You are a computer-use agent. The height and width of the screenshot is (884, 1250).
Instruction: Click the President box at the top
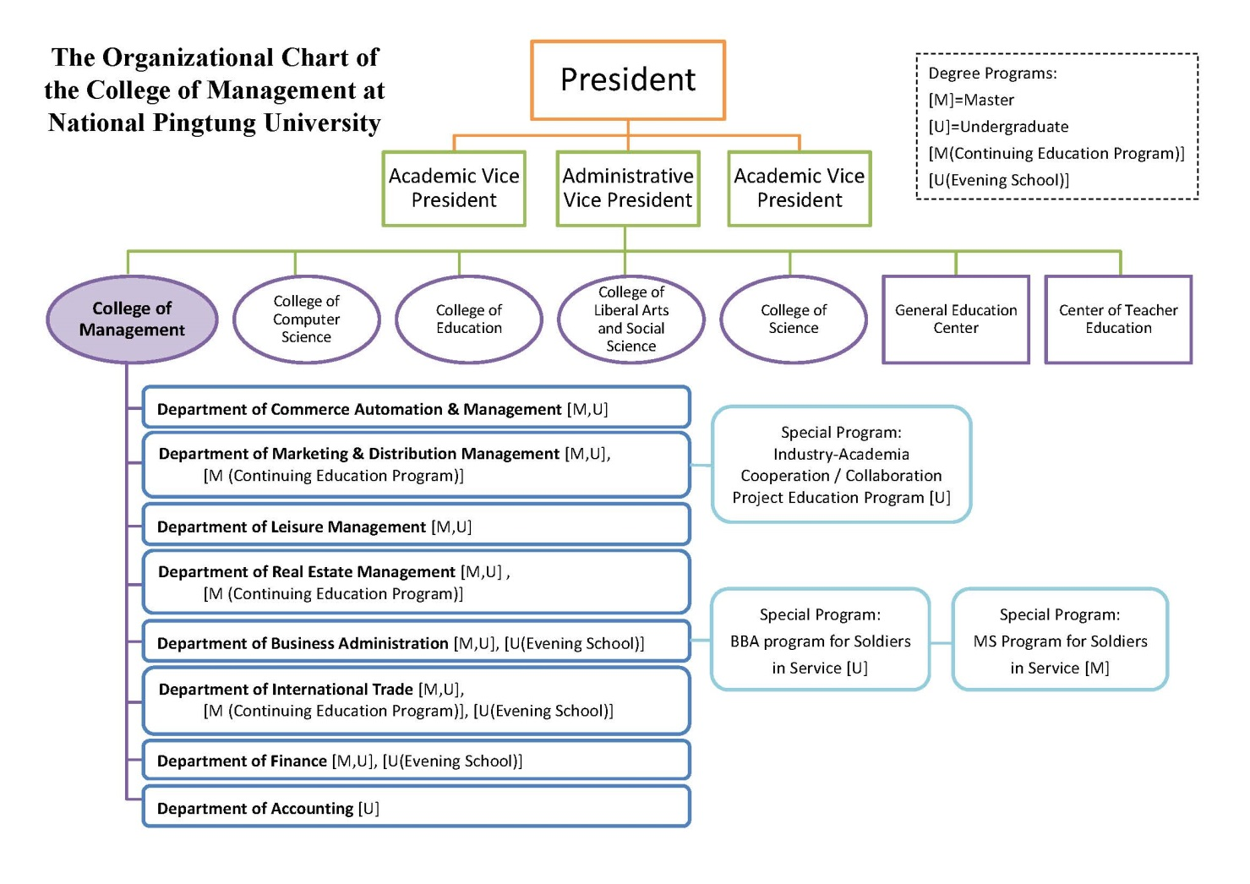click(628, 79)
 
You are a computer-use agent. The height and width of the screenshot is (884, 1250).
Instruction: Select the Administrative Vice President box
click(628, 188)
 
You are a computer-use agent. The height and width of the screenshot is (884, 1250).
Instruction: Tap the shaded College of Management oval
click(132, 319)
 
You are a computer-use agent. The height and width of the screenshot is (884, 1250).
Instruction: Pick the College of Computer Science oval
click(306, 319)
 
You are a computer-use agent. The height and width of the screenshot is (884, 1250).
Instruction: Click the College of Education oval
click(469, 319)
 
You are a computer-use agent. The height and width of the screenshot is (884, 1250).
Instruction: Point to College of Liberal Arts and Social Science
click(631, 319)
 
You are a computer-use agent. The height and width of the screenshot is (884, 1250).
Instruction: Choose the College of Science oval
click(794, 319)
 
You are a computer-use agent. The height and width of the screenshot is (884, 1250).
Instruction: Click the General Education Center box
click(956, 319)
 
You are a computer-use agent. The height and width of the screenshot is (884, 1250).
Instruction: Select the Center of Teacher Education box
click(1118, 319)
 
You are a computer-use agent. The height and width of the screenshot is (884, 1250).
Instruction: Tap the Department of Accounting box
click(417, 806)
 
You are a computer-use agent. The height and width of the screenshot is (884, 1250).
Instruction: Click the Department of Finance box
click(417, 760)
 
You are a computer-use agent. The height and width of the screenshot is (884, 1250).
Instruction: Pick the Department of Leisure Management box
click(417, 525)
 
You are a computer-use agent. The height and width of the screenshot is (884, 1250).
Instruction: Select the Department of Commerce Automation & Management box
click(417, 407)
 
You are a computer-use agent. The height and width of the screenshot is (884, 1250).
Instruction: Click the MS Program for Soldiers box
click(1061, 640)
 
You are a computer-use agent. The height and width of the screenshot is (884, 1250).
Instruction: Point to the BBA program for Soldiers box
click(821, 640)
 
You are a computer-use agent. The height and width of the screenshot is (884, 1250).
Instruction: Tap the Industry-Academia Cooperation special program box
click(842, 464)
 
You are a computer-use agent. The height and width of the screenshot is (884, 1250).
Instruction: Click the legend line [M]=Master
click(971, 100)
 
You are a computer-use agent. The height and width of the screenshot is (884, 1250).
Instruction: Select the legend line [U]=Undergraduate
click(998, 127)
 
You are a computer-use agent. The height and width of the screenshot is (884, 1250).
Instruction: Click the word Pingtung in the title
click(204, 123)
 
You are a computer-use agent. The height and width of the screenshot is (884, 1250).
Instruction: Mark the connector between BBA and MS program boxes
click(941, 643)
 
